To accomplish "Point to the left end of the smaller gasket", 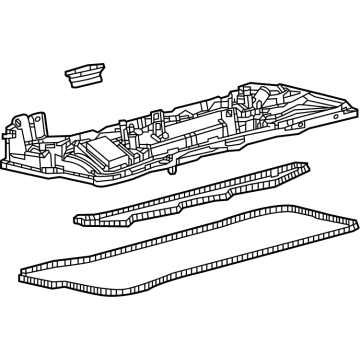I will (x=76, y=214).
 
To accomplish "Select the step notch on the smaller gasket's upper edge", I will (x=180, y=190).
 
